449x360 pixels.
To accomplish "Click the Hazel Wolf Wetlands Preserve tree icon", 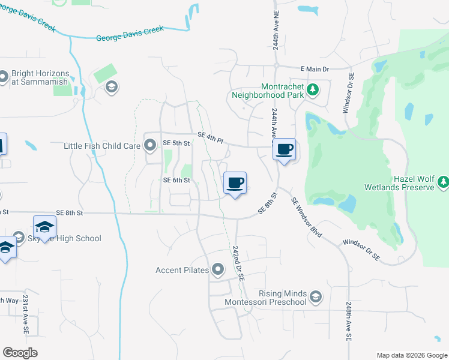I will pyautogui.click(x=443, y=181).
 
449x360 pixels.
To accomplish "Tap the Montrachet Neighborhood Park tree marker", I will pyautogui.click(x=312, y=90).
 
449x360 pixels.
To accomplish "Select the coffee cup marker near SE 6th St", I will pyautogui.click(x=235, y=183).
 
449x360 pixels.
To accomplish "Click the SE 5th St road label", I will pyautogui.click(x=176, y=143).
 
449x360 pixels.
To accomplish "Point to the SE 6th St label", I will pyautogui.click(x=176, y=180).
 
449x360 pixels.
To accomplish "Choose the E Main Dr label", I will pyautogui.click(x=318, y=70).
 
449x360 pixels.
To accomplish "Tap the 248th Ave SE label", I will pyautogui.click(x=349, y=322).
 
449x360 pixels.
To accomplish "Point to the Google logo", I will pyautogui.click(x=20, y=353).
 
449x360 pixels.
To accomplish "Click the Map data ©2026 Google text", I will pyautogui.click(x=411, y=355).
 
